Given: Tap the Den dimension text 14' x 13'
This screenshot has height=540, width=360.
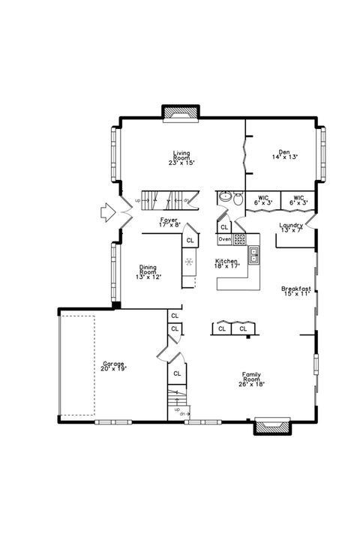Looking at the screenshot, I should pos(284,157).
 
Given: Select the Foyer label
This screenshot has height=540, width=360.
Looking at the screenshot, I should pos(169,221).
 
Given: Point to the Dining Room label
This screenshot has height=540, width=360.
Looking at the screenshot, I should pos(148,272).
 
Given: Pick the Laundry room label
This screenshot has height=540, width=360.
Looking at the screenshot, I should pos(290,226).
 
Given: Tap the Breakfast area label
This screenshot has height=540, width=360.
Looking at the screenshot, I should pos(295,289).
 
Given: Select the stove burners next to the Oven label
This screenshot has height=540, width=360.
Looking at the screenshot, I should pos(240,240).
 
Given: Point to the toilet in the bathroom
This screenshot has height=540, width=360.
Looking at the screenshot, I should pos(238,199).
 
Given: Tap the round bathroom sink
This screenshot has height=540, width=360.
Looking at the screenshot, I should pos(224,198).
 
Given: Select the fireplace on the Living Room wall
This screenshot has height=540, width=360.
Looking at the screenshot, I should pos(181,113).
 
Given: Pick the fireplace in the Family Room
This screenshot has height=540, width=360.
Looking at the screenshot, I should pos(267,426).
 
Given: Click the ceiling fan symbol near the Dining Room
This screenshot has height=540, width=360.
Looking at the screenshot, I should pos(190,262).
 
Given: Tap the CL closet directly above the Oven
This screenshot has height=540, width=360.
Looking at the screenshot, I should pos(224,226).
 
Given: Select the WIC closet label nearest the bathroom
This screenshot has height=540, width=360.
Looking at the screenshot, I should pos(262,200).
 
